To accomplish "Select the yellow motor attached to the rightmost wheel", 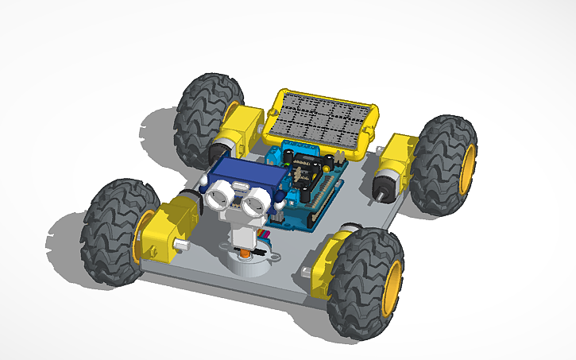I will (x=396, y=163).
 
